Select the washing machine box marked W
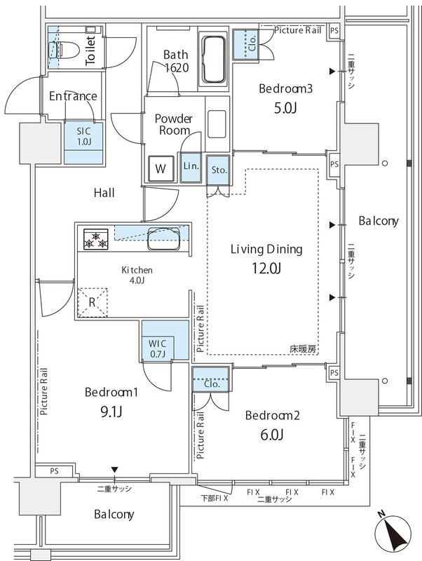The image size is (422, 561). [161, 168]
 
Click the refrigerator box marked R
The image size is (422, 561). [93, 303]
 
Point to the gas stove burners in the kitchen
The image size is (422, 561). [95, 240]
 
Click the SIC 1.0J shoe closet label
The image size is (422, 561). [83, 137]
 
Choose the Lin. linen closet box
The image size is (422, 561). [190, 167]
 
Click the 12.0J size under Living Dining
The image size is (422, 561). [266, 268]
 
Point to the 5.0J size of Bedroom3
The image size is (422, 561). [285, 109]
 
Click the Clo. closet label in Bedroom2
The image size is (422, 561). [211, 384]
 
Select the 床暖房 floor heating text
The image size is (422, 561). [303, 349]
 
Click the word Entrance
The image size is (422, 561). [73, 96]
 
